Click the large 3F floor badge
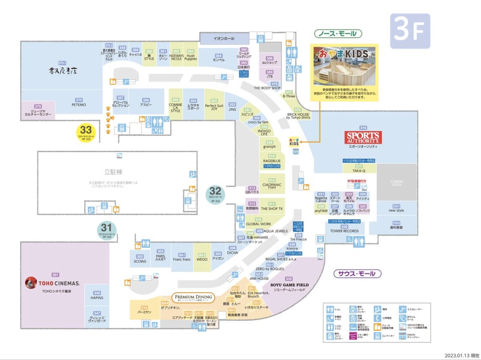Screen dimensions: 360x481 (x=409, y=31)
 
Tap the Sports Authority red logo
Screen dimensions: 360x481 (x=363, y=138)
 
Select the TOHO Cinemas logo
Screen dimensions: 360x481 (x=53, y=283)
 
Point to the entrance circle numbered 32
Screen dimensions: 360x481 (x=216, y=194)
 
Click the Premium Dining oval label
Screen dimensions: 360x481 (x=194, y=297)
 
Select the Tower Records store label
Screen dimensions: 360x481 (x=344, y=231)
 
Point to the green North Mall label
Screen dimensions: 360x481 (x=338, y=33)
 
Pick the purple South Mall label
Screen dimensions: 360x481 (x=357, y=274)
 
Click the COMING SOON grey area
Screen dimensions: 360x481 (x=396, y=183)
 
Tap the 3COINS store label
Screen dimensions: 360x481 (x=140, y=261)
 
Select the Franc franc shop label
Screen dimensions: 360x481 (x=182, y=259)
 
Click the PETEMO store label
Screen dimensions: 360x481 (x=79, y=105)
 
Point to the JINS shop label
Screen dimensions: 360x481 (x=232, y=109)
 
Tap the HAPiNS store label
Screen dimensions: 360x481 (x=97, y=298)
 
